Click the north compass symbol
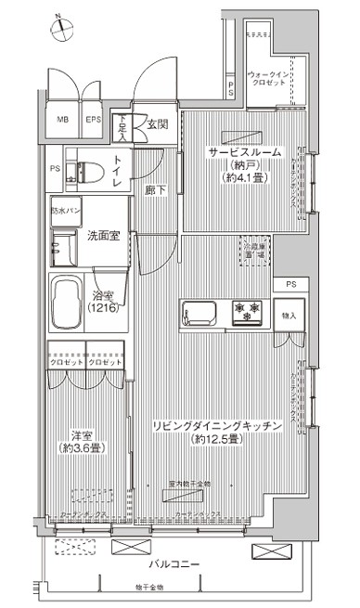(60, 27)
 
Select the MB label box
(63, 121)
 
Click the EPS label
(93, 121)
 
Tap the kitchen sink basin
(199, 310)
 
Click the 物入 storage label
(288, 316)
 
